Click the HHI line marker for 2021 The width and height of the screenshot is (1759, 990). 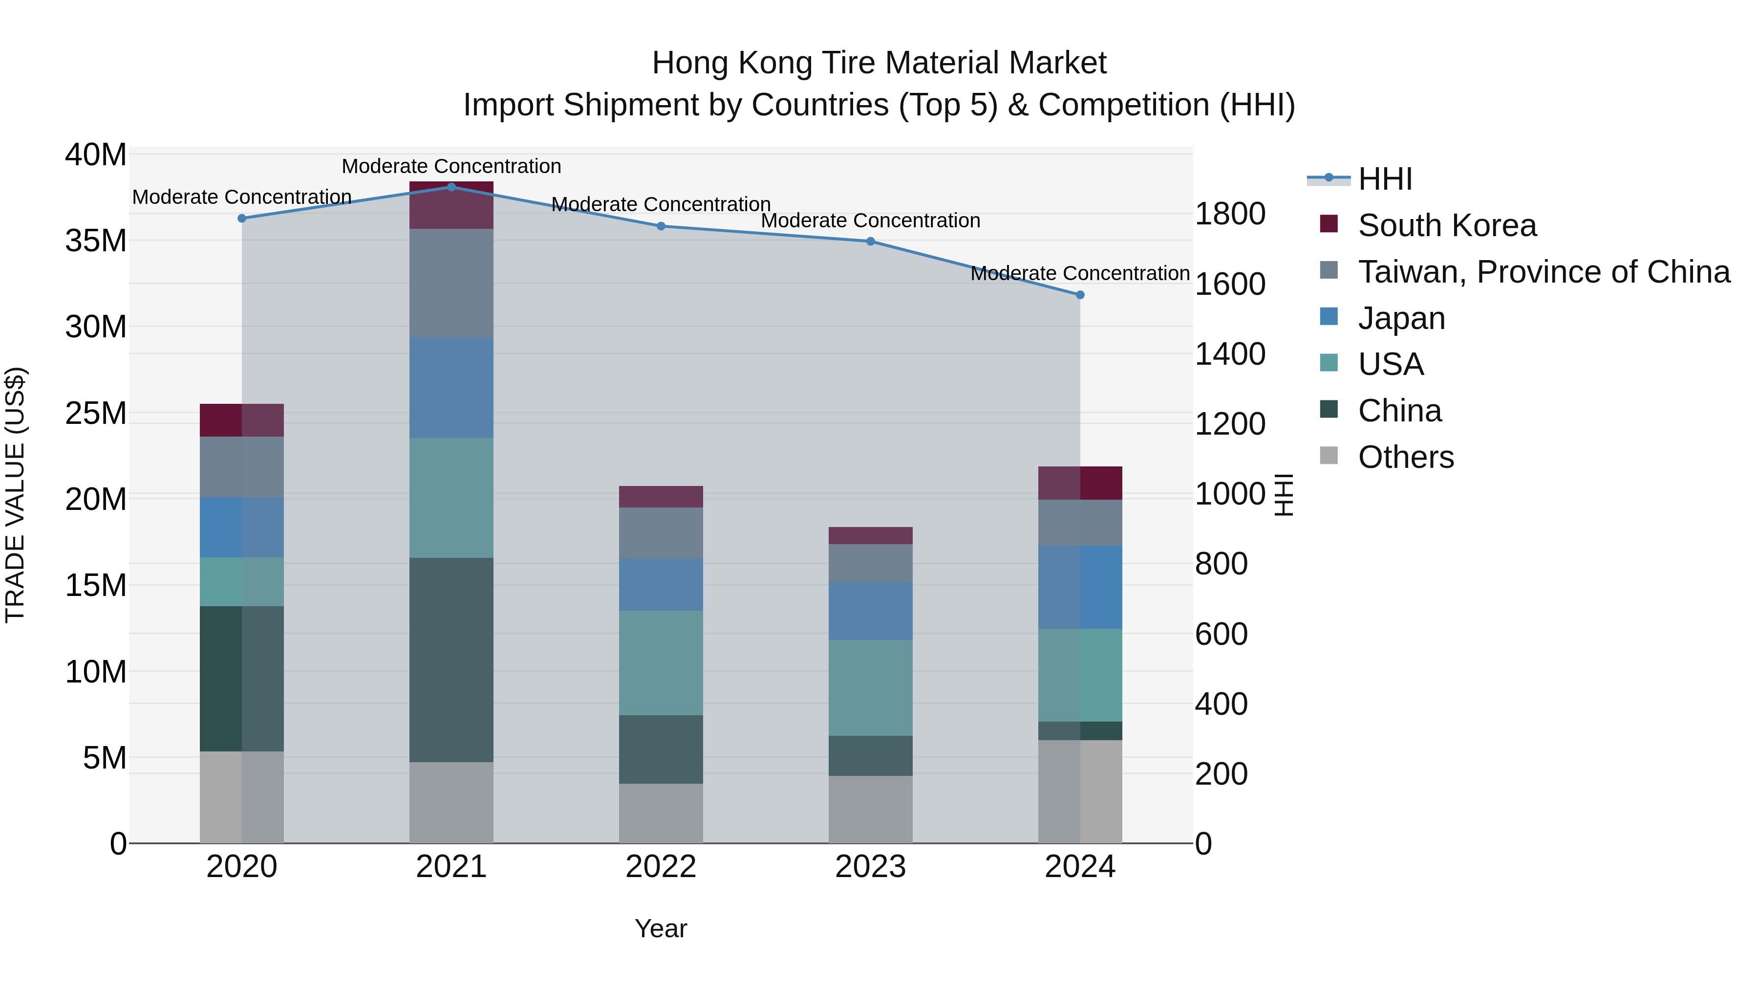coord(451,187)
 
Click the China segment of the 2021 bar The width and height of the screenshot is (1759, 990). coord(451,660)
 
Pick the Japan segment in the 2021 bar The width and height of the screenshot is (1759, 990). coord(451,387)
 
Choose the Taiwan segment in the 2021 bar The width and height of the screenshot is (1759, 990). coord(451,283)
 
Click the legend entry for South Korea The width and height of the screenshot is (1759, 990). coord(1447,225)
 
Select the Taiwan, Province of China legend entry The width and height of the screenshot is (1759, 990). coord(1543,272)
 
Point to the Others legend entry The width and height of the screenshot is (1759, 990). coord(1405,457)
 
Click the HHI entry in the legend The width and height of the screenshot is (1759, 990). coord(1385,179)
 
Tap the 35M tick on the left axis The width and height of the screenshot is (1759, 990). coord(96,241)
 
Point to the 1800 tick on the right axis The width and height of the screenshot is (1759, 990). coord(1230,214)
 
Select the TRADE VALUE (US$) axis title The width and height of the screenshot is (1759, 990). coord(15,495)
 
